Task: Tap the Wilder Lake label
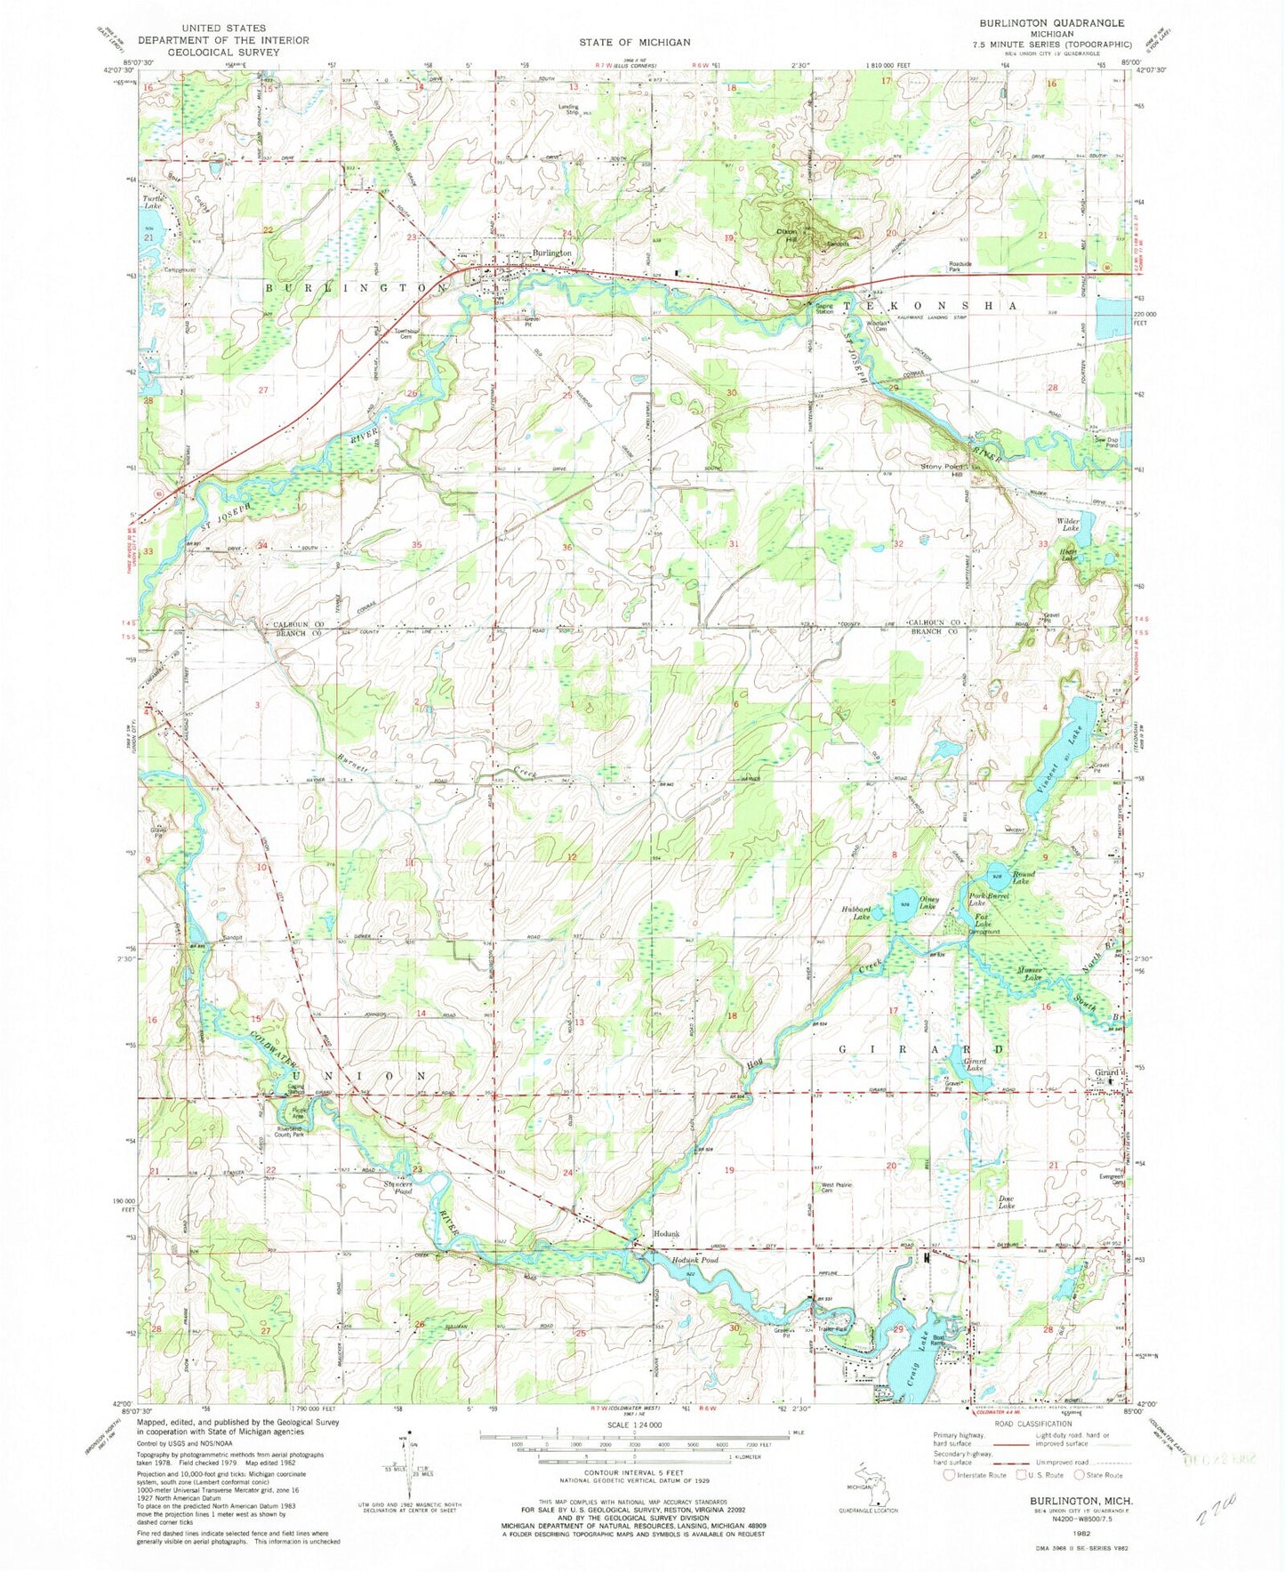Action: pyautogui.click(x=1067, y=525)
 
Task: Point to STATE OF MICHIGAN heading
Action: pyautogui.click(x=634, y=42)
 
